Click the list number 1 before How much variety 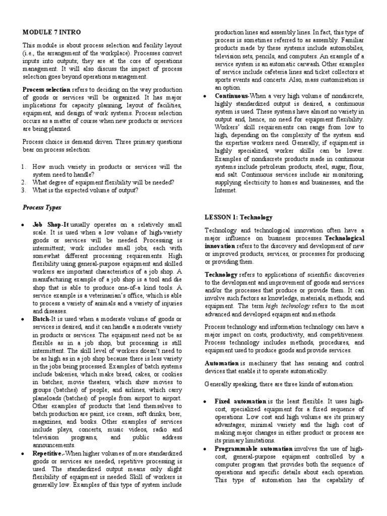pos(24,166)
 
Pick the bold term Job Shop pos(44,224)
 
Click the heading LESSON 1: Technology pos(238,217)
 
